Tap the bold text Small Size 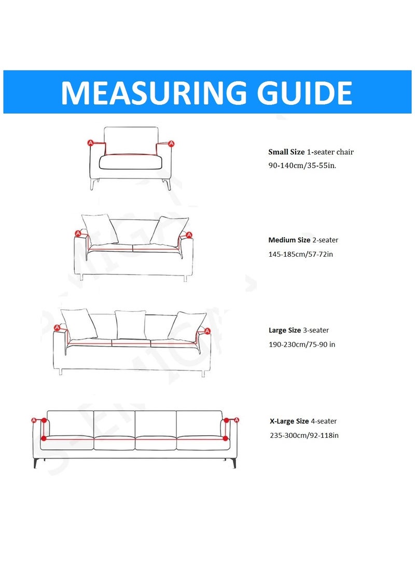pos(286,152)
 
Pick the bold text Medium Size pos(289,240)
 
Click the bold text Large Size pos(284,330)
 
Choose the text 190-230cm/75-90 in pos(302,344)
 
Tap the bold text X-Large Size pos(289,421)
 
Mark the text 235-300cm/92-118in pos(304,435)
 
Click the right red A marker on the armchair pos(172,143)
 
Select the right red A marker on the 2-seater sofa pos(189,234)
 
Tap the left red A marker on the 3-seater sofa pos(57,327)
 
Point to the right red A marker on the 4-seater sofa pos(237,419)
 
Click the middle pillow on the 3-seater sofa pos(130,324)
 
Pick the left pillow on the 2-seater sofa pos(100,229)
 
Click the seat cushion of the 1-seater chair pos(131,162)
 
